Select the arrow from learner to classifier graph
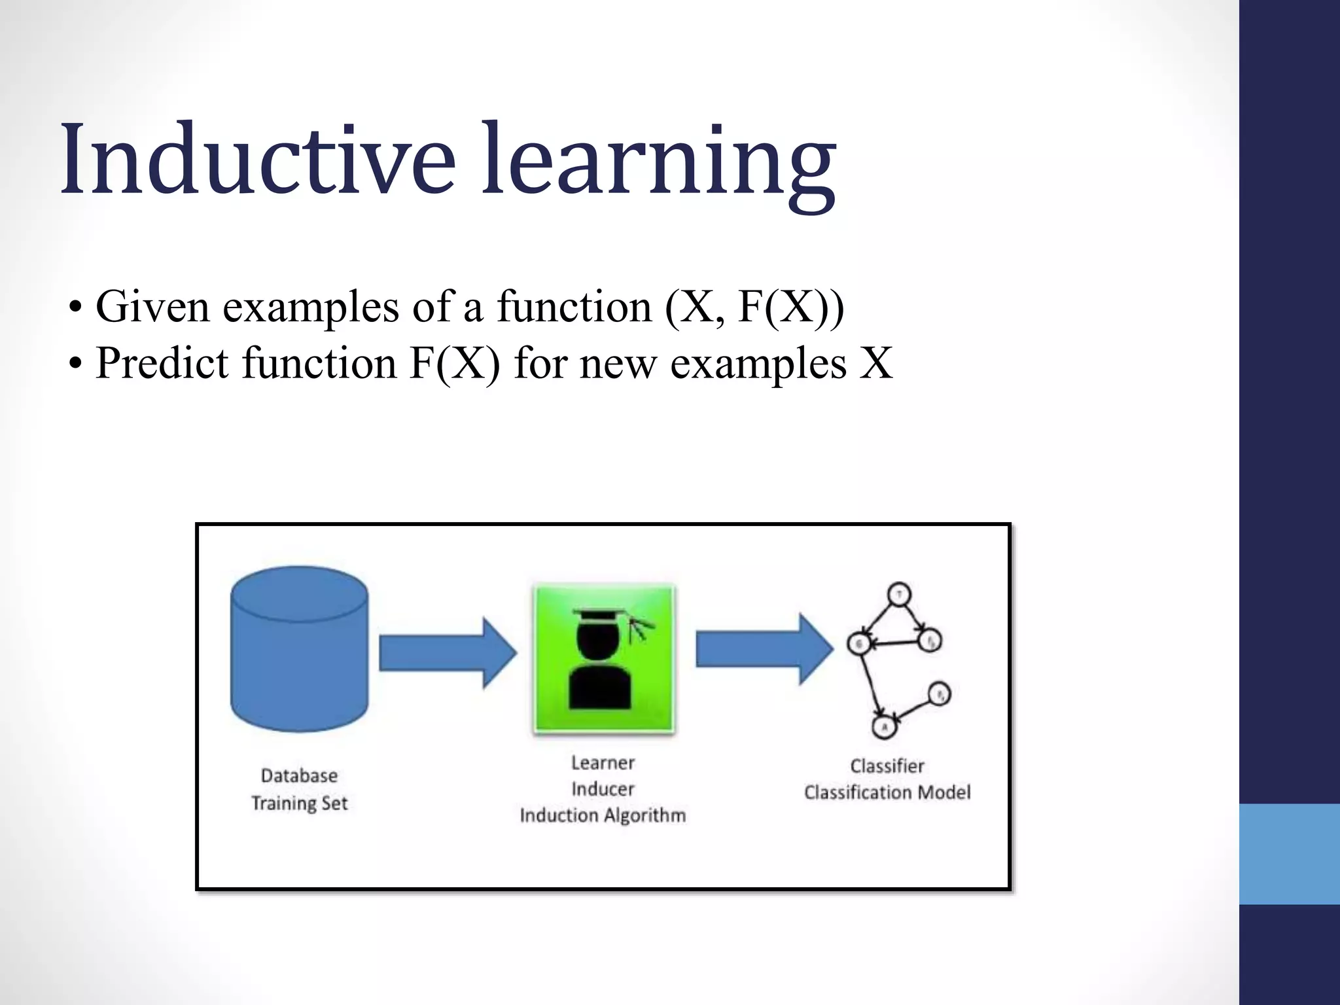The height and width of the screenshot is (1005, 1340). [763, 649]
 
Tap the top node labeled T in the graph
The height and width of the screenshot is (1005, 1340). [899, 595]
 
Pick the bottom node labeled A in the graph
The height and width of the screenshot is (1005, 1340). [884, 726]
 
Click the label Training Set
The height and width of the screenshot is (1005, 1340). [299, 803]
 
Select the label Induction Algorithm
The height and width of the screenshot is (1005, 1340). [603, 815]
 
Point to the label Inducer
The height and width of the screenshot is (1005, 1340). [603, 789]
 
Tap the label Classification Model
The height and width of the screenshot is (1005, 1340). [887, 792]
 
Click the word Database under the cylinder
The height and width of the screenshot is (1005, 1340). [299, 776]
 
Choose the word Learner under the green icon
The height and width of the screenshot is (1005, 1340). [603, 763]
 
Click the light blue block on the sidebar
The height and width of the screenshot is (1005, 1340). [1289, 854]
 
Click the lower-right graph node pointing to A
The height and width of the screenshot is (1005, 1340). [939, 694]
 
